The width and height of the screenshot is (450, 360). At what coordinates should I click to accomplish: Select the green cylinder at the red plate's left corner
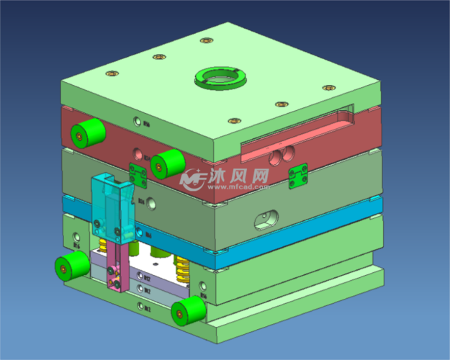tap(87, 132)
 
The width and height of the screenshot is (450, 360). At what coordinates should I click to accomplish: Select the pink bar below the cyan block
tap(116, 266)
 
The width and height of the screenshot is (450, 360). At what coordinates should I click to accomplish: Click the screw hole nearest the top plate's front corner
tap(232, 122)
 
